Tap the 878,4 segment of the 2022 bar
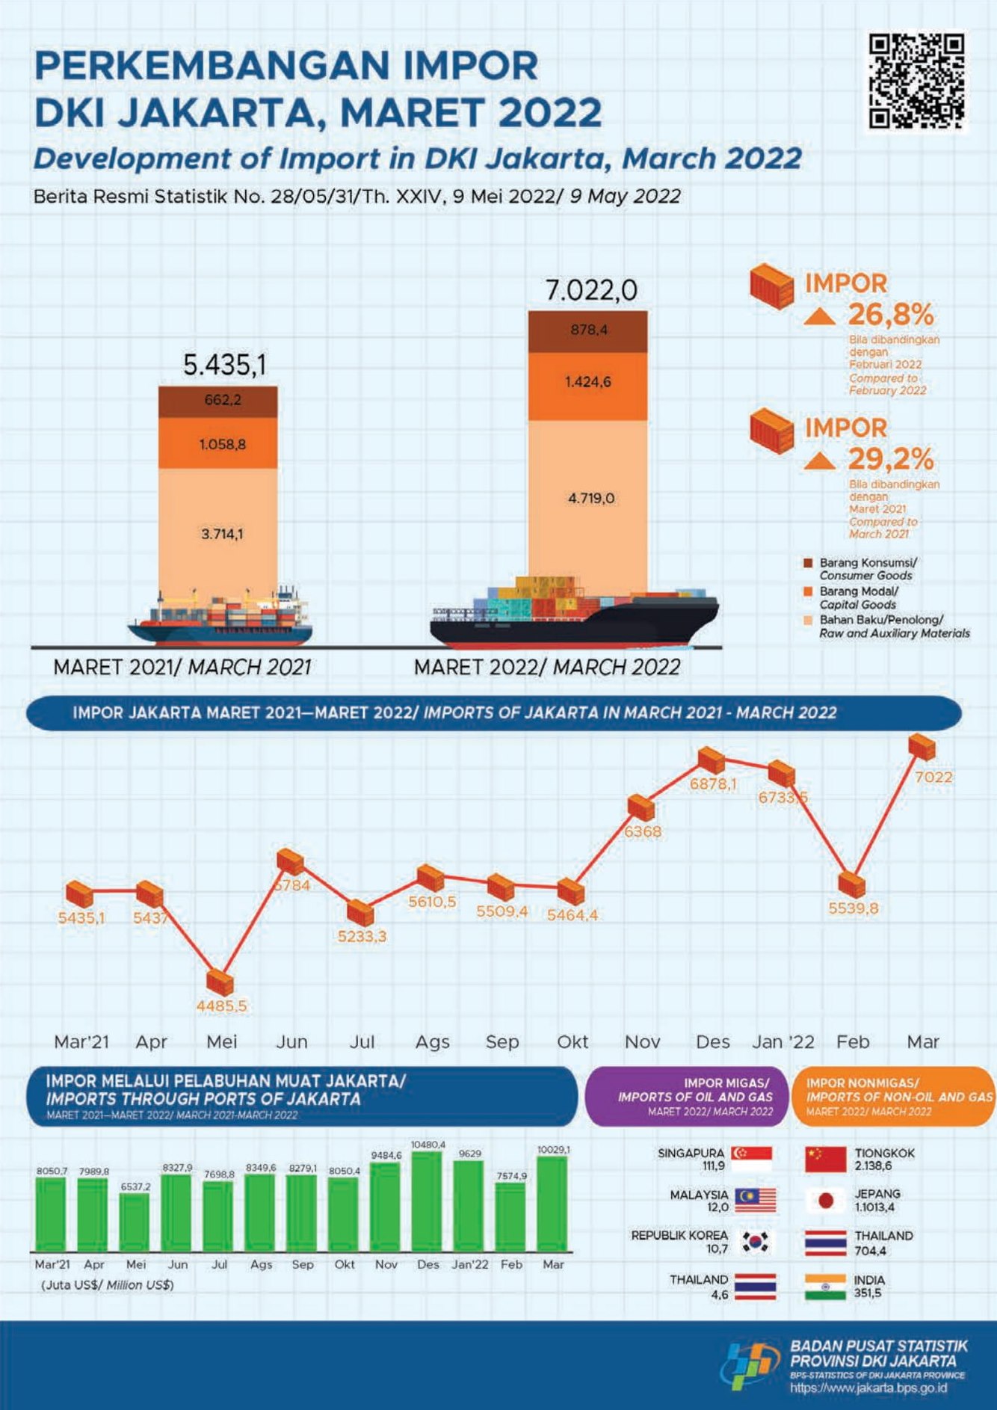coord(587,330)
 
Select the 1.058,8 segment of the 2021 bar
coord(218,443)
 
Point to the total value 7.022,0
coord(590,290)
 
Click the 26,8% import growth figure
coord(890,315)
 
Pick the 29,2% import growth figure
coord(890,459)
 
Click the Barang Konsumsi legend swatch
coord(807,562)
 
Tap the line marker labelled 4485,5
coord(220,984)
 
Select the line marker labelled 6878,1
coord(711,760)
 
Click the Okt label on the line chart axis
coord(572,1041)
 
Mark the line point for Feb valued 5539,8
coord(851,884)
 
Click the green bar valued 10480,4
coord(427,1201)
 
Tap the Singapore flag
coord(752,1159)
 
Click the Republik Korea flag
coord(755,1242)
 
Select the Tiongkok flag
coord(825,1159)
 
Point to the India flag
coord(825,1287)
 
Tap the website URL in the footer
coord(868,1388)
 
